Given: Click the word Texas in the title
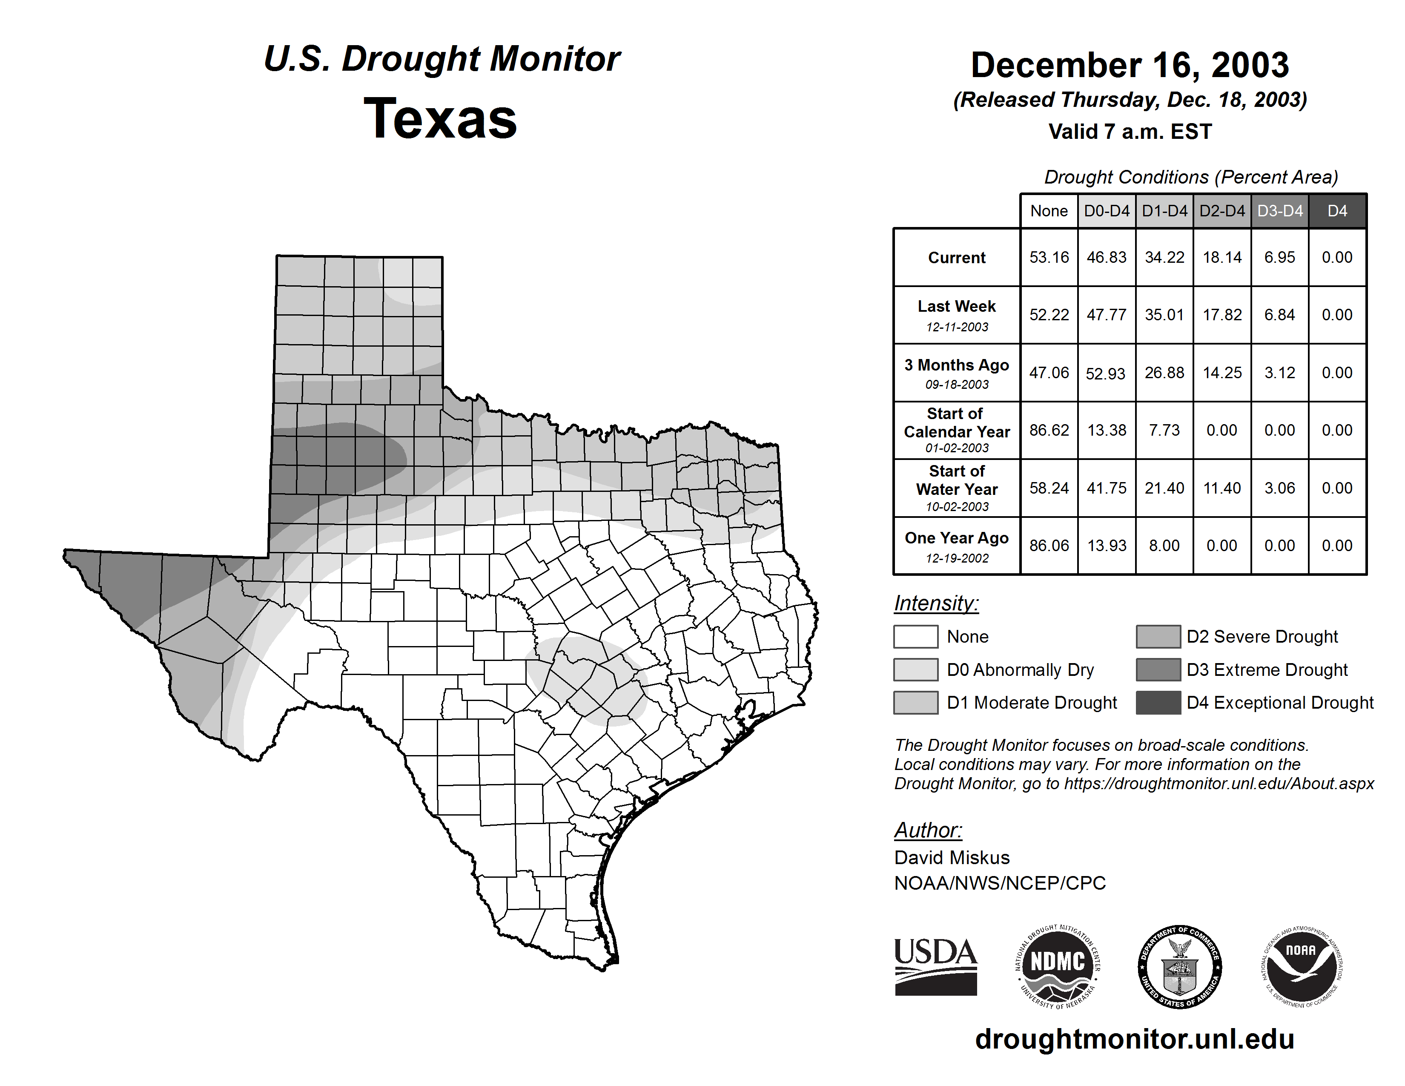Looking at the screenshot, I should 440,119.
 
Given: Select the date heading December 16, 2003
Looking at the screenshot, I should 1130,66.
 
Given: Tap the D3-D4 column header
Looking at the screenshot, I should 1279,211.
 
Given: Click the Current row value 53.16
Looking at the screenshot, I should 1049,257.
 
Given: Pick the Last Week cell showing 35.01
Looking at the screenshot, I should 1164,315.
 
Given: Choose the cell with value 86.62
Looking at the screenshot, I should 1049,430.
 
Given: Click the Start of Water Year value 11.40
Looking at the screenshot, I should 1221,488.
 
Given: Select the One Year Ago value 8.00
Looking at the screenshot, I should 1164,546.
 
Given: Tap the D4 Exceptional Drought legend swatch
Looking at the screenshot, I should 1157,703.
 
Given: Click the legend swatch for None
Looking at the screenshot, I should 915,636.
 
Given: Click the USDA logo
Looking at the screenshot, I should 935,966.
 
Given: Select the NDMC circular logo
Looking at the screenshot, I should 1057,966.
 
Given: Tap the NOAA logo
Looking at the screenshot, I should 1301,966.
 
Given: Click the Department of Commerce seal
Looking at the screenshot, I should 1179,966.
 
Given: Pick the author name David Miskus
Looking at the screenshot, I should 952,858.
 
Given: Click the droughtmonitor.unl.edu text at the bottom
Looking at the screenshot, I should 1134,1039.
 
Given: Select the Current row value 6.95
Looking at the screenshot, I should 1279,257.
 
